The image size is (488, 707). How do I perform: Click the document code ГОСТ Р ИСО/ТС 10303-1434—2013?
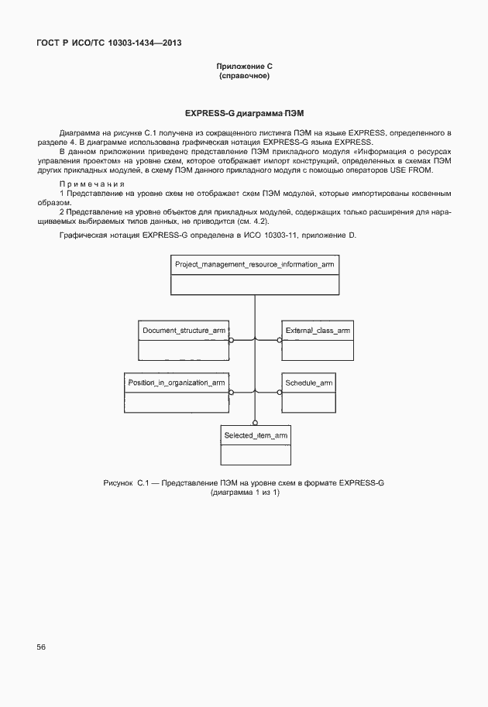coord(108,43)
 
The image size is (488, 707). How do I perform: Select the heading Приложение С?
coord(244,68)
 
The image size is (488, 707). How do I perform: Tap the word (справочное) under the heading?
coord(244,77)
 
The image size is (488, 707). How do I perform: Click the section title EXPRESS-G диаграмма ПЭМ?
coord(244,113)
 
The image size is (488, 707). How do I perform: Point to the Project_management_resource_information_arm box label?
coord(254,265)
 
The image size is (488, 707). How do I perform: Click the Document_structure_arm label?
coord(184,331)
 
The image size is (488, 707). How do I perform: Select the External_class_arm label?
coord(318,331)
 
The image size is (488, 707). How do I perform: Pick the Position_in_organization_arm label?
coord(177,383)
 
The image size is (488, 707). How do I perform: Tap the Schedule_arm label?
coord(309,383)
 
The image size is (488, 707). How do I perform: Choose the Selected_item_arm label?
coord(256,436)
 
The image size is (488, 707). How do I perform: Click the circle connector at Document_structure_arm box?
coord(231,339)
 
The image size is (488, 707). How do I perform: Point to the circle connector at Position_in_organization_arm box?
coord(231,393)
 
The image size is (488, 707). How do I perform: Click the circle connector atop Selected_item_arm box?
coord(254,423)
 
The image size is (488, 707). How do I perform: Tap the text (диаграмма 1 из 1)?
coord(244,492)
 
